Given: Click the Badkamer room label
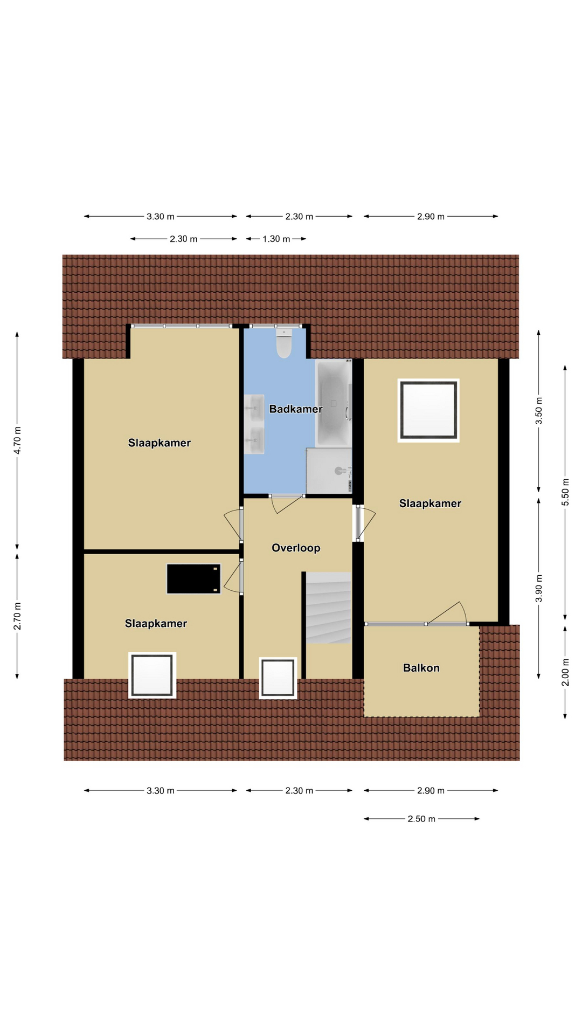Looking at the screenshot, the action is coord(296,409).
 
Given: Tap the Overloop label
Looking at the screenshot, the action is coord(296,548).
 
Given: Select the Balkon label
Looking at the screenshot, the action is coord(421,668).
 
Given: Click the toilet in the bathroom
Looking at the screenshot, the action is coord(284,343).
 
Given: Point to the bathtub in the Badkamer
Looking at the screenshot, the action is coord(334,403).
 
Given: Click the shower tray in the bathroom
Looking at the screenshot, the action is coord(329,471).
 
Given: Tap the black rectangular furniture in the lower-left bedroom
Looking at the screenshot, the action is coord(193,578).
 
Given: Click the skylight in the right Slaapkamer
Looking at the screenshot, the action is coord(428,410).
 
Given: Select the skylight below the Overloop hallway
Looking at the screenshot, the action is coord(278,678).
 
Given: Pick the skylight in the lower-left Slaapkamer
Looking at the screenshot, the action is coord(153,675).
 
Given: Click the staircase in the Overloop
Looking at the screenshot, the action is coord(328,608).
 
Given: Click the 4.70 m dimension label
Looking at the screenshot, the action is coord(17,440).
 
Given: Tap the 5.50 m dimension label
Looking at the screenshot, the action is coord(565,492).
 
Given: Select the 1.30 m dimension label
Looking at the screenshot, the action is coord(276,239).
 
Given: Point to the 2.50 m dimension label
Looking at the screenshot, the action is coord(421,819).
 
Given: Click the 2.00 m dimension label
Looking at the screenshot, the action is coord(565,672).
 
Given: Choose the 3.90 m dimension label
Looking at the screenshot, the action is coord(539,588).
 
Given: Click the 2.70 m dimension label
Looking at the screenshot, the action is coord(17,616).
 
